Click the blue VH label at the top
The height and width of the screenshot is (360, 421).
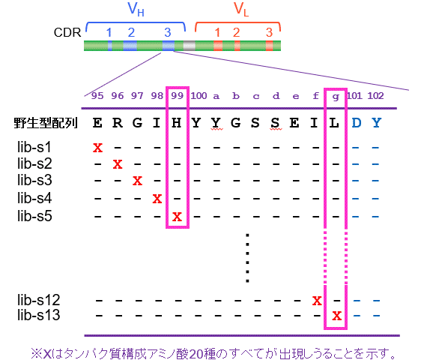coord(136,10)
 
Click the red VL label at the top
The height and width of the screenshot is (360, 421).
coord(241,10)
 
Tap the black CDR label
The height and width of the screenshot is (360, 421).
coord(67,32)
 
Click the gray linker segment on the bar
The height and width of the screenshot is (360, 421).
coord(189,46)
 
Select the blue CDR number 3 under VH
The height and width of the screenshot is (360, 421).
coord(168,32)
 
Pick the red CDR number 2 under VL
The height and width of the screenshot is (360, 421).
coord(236,32)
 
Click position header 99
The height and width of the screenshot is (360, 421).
coord(178,96)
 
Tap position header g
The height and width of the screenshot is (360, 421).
coord(336,97)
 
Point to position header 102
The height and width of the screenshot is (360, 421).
coord(375,96)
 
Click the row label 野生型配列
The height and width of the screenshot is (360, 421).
coord(46,123)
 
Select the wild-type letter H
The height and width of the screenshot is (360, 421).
coord(176,123)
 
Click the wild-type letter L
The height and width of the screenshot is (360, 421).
coord(334,123)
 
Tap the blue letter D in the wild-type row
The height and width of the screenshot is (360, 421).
coord(357,123)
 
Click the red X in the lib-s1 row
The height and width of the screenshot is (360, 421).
coord(97,148)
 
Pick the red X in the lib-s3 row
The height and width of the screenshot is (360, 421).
coord(137,181)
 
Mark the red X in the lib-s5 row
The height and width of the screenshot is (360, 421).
coord(177,217)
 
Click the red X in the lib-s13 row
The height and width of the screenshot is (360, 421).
coord(336,315)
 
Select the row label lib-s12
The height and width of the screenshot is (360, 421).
coord(38,300)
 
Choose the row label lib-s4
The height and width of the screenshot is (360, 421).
coord(34,198)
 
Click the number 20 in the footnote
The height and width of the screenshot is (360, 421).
coord(196,354)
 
